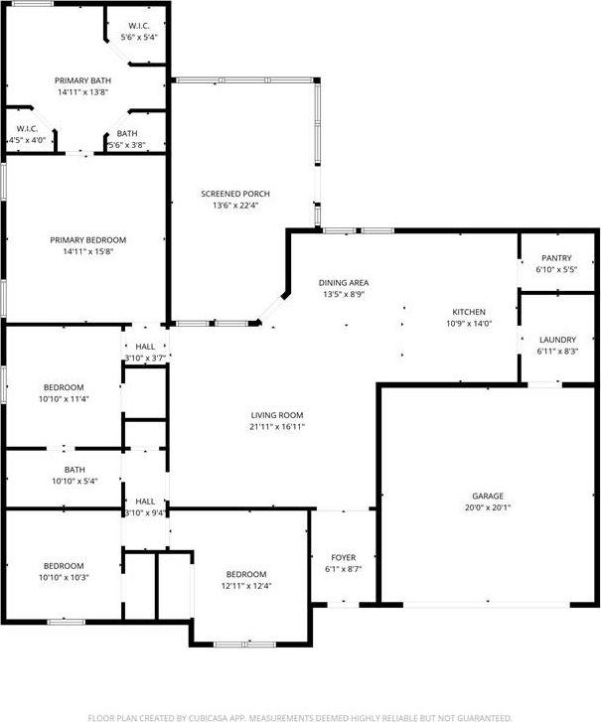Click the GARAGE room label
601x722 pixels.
tap(488, 496)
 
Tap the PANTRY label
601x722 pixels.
tap(556, 258)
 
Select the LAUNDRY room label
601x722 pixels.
tap(556, 340)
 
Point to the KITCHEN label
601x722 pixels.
tap(469, 311)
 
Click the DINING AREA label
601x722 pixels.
tap(345, 283)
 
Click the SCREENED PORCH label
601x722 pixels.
tap(235, 194)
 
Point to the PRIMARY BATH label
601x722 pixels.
tap(82, 81)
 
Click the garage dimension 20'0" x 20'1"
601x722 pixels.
tap(488, 507)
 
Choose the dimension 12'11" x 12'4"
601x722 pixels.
tap(245, 586)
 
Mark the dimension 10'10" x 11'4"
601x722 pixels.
tap(63, 399)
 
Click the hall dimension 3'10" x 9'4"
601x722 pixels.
tap(145, 513)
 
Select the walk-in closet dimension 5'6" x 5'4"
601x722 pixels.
tap(139, 37)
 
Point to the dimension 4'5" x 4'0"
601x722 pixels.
tap(27, 140)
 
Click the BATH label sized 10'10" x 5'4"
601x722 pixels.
tap(75, 470)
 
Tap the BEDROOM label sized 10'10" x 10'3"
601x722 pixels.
tap(63, 565)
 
